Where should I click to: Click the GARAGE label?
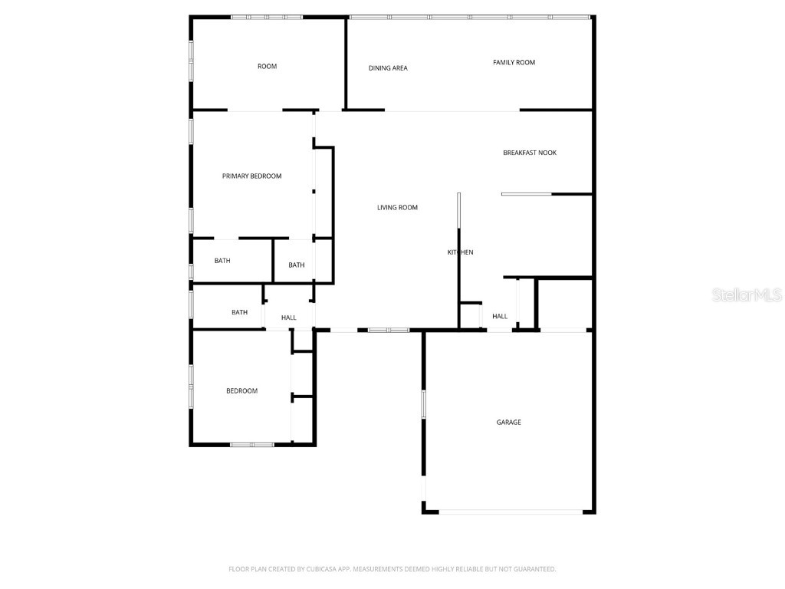pos(508,423)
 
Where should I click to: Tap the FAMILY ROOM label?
pos(514,63)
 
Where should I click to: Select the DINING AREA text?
pos(388,68)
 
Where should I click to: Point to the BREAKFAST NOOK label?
pos(530,153)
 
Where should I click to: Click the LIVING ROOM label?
pos(397,208)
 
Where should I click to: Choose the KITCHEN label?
pos(461,252)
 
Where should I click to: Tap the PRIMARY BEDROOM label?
pos(251,176)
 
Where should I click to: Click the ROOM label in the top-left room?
pos(267,67)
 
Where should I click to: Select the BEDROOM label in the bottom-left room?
pos(241,391)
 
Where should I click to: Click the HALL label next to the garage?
pos(500,316)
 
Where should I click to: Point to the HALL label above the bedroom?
pos(288,318)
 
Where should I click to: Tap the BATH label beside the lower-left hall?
pos(239,312)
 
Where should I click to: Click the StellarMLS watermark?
pos(746,295)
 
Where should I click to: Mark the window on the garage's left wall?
pos(423,404)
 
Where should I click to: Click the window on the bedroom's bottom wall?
pos(252,444)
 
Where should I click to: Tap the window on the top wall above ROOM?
pos(267,17)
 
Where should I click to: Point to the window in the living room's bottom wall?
pos(389,331)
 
